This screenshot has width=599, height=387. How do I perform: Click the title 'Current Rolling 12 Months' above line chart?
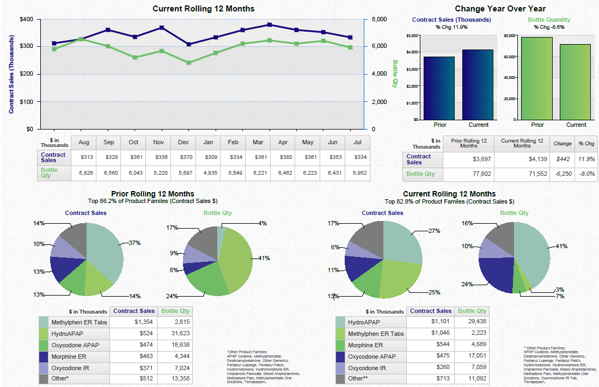pyautogui.click(x=203, y=9)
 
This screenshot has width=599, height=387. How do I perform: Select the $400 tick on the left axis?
pyautogui.click(x=26, y=19)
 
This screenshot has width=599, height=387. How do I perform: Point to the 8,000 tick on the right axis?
pyautogui.click(x=379, y=19)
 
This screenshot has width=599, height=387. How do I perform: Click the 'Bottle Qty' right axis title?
pyautogui.click(x=395, y=73)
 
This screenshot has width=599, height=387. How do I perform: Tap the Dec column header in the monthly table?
pyautogui.click(x=183, y=143)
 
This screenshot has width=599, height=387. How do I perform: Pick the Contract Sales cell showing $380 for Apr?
pyautogui.click(x=283, y=157)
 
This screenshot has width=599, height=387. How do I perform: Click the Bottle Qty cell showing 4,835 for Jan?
pyautogui.click(x=208, y=173)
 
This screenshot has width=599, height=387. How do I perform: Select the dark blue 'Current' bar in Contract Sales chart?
pyautogui.click(x=478, y=84)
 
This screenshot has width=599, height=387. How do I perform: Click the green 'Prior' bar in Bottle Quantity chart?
pyautogui.click(x=537, y=78)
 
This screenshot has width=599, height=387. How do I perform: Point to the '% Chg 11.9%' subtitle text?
pyautogui.click(x=451, y=27)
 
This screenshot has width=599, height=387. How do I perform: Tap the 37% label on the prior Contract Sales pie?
pyautogui.click(x=135, y=243)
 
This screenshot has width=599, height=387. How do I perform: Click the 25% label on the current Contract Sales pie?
pyautogui.click(x=434, y=292)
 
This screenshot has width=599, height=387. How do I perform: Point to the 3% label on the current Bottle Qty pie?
pyautogui.click(x=559, y=290)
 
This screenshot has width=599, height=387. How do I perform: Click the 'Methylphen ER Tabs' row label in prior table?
pyautogui.click(x=75, y=322)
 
